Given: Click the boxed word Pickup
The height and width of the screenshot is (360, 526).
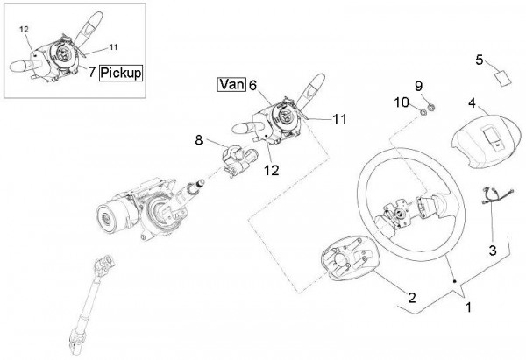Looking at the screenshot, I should click(x=122, y=72).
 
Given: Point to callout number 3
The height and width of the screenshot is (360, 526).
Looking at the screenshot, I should click(x=492, y=250).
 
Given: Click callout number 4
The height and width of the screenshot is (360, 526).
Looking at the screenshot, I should click(x=472, y=102).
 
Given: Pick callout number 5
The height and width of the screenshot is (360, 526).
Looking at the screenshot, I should click(x=479, y=60).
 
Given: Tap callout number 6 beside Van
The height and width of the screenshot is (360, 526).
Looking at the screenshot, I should click(x=252, y=85).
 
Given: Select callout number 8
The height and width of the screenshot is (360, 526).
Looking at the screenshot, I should click(x=198, y=138).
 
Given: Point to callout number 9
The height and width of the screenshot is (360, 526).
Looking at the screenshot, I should click(x=418, y=85).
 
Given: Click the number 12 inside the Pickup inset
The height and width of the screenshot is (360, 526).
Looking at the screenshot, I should click(x=24, y=29).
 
